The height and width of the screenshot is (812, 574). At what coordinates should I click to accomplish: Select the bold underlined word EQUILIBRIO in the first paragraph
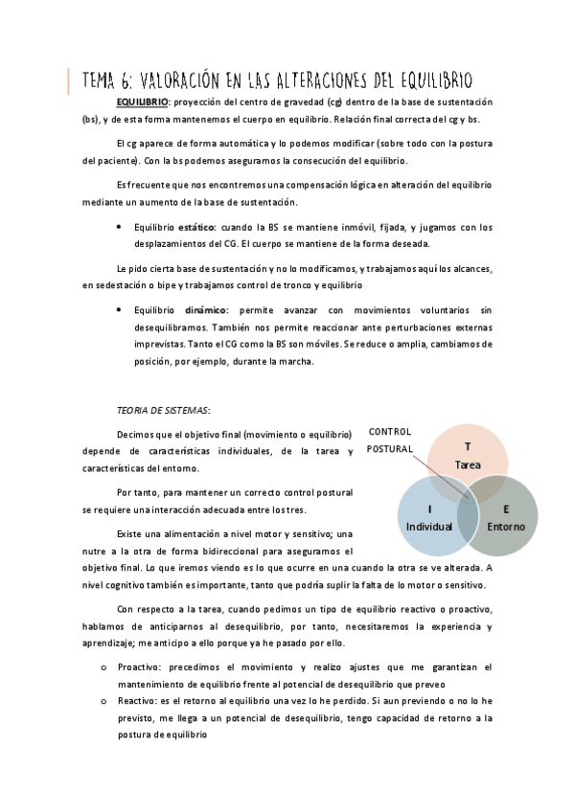(x=142, y=101)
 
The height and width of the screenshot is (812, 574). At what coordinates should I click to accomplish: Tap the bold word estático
(x=197, y=228)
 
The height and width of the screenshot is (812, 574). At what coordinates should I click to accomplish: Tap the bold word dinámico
(x=207, y=311)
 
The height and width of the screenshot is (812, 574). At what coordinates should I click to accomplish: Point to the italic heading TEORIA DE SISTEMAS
(x=163, y=408)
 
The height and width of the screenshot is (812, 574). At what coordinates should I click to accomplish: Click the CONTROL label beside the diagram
(x=390, y=432)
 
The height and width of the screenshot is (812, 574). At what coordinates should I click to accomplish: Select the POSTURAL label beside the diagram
(x=390, y=448)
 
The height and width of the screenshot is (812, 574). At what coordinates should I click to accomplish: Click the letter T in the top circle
(x=468, y=447)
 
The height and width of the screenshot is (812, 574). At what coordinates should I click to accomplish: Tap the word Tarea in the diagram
(x=468, y=464)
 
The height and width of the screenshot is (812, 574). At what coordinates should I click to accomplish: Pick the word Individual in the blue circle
(x=429, y=527)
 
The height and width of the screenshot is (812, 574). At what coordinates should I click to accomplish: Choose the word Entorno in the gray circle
(x=505, y=527)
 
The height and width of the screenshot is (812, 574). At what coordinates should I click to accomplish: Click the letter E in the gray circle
(x=505, y=509)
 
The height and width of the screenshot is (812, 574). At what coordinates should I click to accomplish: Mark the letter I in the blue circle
(x=429, y=509)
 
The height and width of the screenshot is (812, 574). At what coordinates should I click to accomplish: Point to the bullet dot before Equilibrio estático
(x=118, y=228)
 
